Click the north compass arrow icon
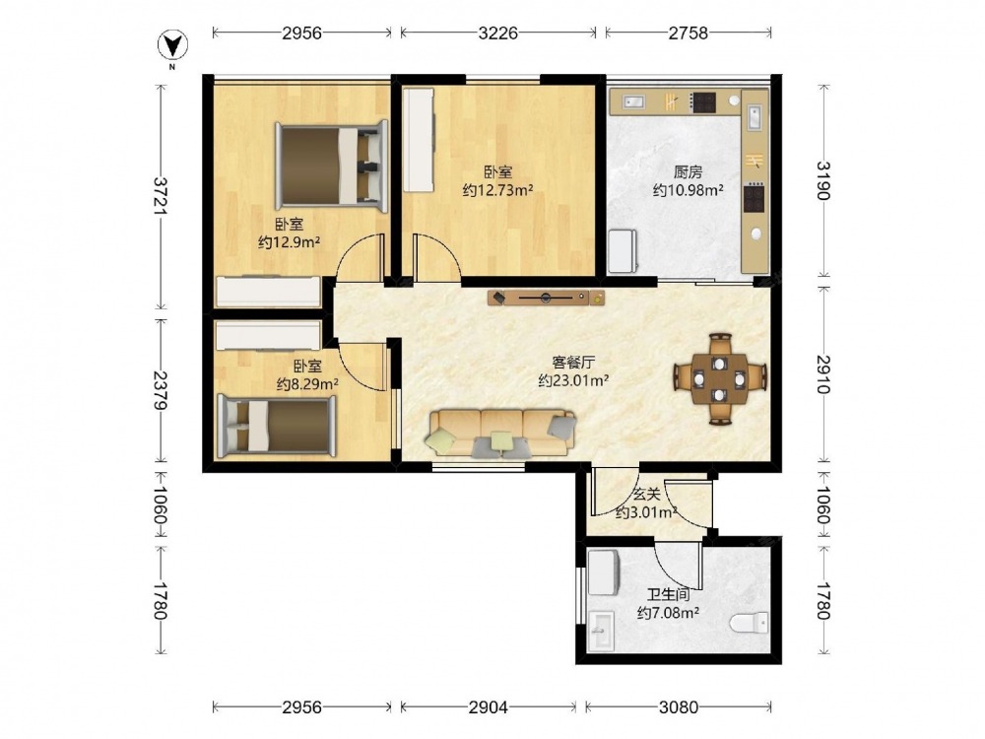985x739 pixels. pyautogui.click(x=172, y=44)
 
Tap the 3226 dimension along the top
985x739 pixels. pyautogui.click(x=498, y=33)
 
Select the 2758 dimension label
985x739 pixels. pyautogui.click(x=688, y=33)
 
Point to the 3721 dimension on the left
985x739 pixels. pyautogui.click(x=162, y=196)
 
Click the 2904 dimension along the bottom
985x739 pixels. pyautogui.click(x=489, y=707)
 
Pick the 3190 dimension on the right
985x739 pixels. pyautogui.click(x=822, y=181)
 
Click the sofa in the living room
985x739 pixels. pyautogui.click(x=501, y=433)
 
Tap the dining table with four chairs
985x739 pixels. pyautogui.click(x=720, y=379)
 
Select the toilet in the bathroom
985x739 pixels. pyautogui.click(x=750, y=623)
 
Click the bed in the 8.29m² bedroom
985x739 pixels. pyautogui.click(x=276, y=426)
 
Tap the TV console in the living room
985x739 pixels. pyautogui.click(x=547, y=298)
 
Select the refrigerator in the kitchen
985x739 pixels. pyautogui.click(x=623, y=251)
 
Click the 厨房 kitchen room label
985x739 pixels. pyautogui.click(x=688, y=171)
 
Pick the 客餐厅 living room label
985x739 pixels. pyautogui.click(x=573, y=363)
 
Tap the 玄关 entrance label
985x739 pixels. pyautogui.click(x=646, y=495)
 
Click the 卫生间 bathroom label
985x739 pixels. pyautogui.click(x=669, y=594)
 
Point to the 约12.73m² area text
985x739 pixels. pyautogui.click(x=498, y=190)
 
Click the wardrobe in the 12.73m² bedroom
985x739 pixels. pyautogui.click(x=419, y=140)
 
